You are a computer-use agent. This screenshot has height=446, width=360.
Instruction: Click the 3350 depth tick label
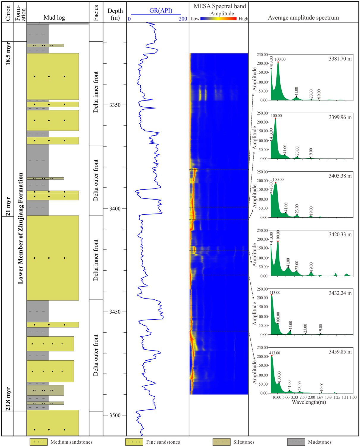pos(115,105)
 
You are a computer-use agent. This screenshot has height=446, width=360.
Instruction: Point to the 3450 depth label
pos(115,312)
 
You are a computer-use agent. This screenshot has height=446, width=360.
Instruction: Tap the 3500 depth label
pos(115,415)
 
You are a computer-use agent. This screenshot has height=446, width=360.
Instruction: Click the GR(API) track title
pos(161,11)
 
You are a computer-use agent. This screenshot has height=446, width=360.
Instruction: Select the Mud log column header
pos(54,18)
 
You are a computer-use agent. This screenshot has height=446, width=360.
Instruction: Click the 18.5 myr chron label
pos(8,54)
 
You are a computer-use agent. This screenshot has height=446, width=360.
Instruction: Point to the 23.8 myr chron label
pos(8,399)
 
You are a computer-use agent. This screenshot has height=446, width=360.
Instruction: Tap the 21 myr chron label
pos(8,206)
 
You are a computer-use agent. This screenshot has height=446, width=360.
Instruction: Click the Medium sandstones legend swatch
pos(38,442)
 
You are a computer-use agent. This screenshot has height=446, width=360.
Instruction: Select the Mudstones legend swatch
pos(296,442)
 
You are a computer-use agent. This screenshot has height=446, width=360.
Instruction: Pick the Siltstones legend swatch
pos(221,442)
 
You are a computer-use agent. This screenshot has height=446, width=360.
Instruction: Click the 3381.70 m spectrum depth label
pos(340,59)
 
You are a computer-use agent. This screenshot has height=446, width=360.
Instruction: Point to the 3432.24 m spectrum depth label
pos(340,293)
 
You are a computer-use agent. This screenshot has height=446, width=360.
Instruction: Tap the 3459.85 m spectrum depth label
pos(340,352)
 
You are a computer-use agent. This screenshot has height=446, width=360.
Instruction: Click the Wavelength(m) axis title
pos(309,402)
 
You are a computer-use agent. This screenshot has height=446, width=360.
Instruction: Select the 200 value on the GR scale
pos(183,19)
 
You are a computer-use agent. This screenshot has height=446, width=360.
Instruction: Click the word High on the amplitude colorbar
pos(243,19)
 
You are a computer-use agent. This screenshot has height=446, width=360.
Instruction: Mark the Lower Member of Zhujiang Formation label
pos(21,228)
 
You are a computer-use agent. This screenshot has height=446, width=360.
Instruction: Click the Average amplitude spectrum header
pos(303,18)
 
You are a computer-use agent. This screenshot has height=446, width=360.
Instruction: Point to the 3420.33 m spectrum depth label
pos(340,235)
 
